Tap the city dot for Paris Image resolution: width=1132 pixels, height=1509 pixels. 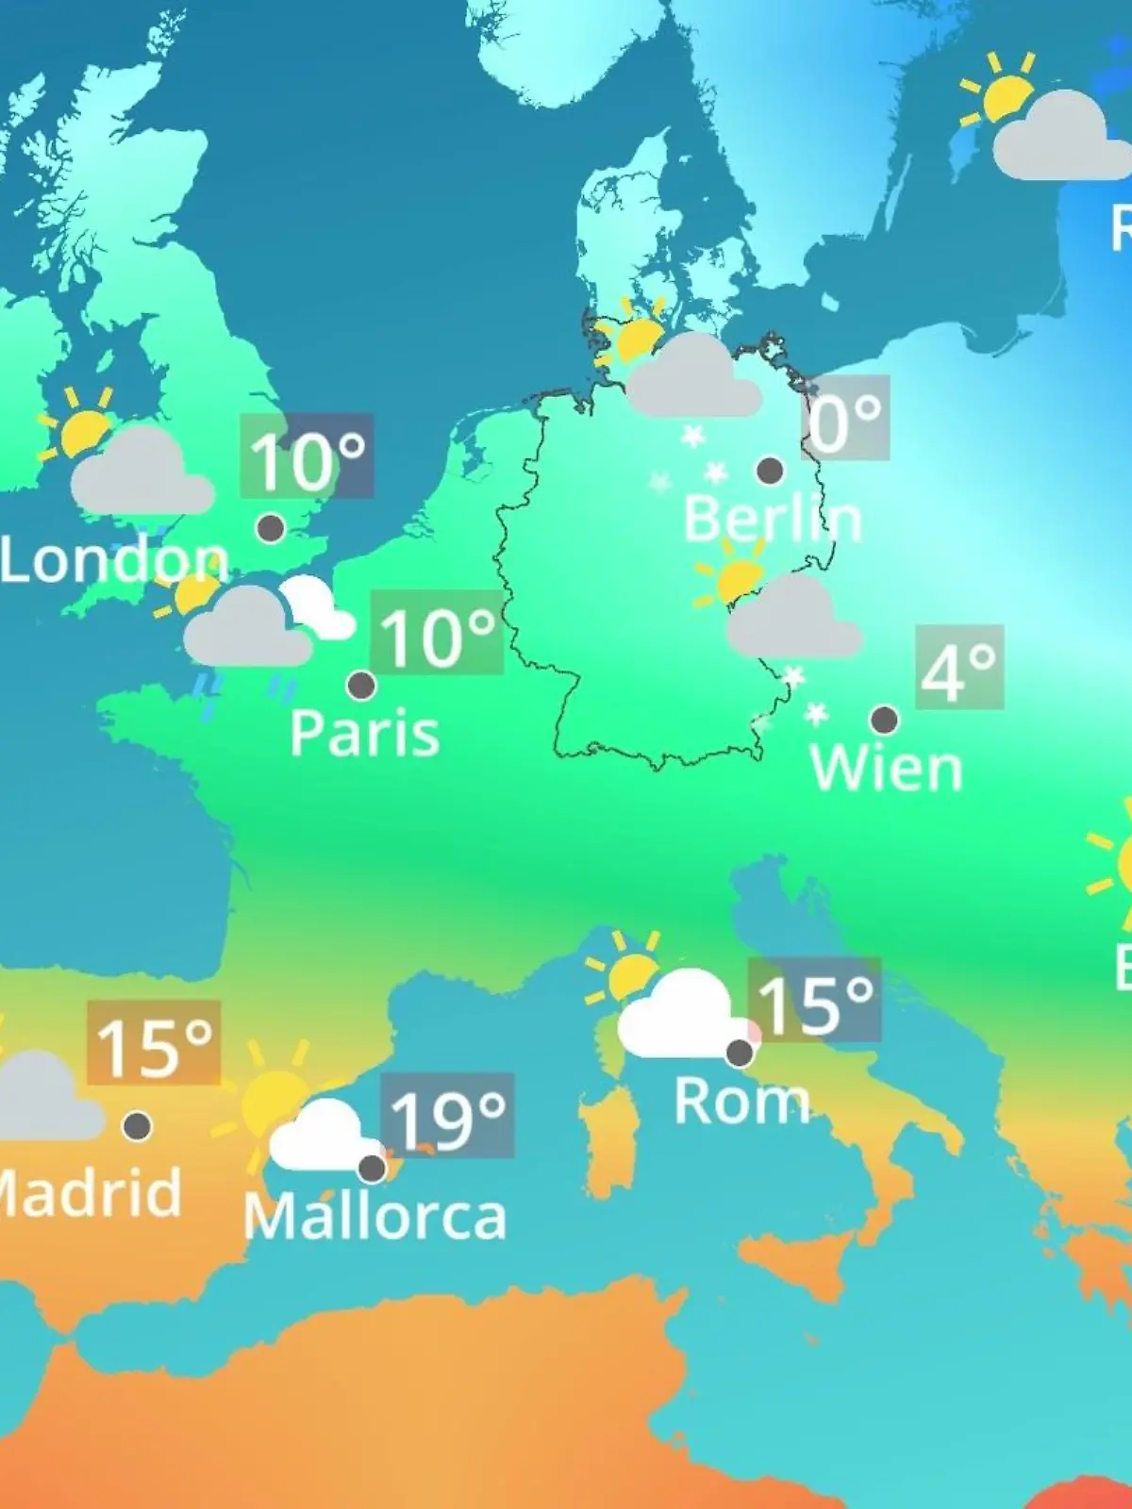(361, 685)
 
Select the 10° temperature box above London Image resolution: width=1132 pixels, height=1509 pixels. (307, 456)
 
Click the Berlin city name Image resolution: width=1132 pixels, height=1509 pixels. (772, 519)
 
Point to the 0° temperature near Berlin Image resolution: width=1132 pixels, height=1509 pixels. (846, 419)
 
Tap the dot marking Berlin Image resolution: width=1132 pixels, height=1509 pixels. (770, 470)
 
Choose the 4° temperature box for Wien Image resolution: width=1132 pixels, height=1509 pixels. (959, 667)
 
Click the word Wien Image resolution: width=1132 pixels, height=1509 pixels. (886, 769)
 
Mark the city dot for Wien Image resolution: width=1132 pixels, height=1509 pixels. (884, 720)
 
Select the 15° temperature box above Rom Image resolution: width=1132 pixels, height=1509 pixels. (814, 1001)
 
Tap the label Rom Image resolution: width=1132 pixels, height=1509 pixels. (741, 1101)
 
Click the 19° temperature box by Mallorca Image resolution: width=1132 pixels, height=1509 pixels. (447, 1116)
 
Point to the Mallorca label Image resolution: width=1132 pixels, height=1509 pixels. (375, 1217)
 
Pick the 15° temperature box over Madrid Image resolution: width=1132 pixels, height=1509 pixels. (154, 1043)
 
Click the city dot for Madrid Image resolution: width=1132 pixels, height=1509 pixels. (138, 1125)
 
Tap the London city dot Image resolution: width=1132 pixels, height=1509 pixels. (271, 527)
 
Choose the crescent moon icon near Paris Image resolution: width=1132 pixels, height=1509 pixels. (316, 608)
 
